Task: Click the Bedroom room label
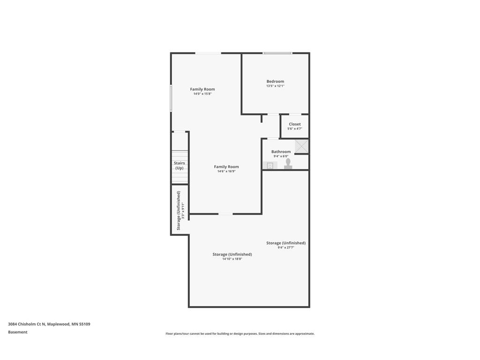(x=275, y=82)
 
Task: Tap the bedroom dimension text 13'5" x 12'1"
(x=275, y=86)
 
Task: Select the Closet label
(x=295, y=124)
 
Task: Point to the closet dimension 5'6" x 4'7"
(x=295, y=129)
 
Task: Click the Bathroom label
(x=281, y=152)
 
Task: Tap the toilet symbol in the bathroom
(x=288, y=163)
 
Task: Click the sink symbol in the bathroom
(x=270, y=165)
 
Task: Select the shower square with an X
(x=301, y=146)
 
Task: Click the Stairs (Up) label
(x=180, y=165)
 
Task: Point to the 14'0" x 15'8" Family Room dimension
(x=202, y=94)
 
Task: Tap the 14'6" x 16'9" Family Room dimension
(x=226, y=172)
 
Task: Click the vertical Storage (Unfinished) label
(x=179, y=210)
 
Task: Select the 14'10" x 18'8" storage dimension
(x=232, y=259)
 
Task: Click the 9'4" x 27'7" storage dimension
(x=285, y=247)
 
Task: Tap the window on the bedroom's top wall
(x=277, y=53)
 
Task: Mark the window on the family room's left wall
(x=171, y=98)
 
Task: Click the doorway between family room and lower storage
(x=225, y=214)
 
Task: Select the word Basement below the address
(x=18, y=332)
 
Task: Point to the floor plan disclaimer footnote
(x=240, y=334)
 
